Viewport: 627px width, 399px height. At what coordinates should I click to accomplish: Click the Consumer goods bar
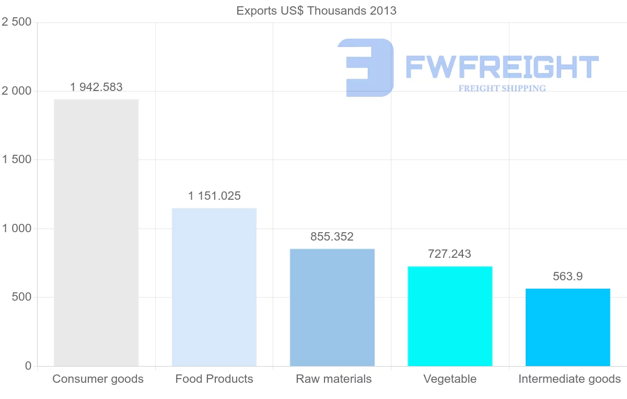click(96, 233)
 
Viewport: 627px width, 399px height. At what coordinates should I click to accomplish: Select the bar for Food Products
click(214, 287)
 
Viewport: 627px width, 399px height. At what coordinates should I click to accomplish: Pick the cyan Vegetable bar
click(450, 316)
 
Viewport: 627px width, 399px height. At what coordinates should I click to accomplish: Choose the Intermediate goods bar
click(568, 327)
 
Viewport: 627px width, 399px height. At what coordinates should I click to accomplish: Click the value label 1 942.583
click(96, 87)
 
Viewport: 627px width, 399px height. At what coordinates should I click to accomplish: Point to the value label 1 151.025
click(214, 196)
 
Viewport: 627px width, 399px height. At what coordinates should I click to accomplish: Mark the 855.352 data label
click(332, 236)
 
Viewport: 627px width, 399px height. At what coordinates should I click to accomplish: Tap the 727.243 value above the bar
click(449, 254)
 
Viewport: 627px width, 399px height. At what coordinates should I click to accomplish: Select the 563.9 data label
click(567, 277)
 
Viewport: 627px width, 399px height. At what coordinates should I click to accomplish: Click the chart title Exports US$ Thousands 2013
click(316, 11)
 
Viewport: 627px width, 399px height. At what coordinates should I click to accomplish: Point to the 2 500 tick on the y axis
click(17, 22)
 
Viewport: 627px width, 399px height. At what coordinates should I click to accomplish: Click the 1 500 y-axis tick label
click(17, 159)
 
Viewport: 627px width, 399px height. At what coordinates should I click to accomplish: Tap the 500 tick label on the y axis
click(21, 297)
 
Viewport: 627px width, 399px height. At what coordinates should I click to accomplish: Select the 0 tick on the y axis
click(28, 366)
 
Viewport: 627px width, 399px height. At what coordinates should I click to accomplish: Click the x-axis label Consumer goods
click(98, 379)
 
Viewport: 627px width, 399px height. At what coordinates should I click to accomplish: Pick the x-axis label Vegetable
click(450, 379)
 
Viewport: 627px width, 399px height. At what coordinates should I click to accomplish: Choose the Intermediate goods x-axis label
click(570, 379)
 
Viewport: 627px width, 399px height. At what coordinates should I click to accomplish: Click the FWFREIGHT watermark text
click(502, 67)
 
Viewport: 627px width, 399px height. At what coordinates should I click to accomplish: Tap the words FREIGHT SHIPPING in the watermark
click(502, 88)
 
